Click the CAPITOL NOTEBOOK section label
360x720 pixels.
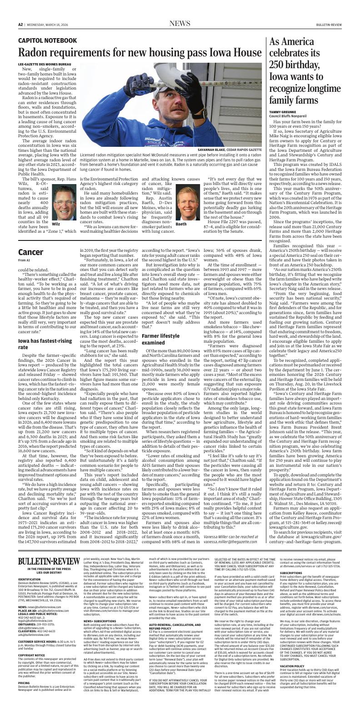pos(48,40)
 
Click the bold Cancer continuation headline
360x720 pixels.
pos(31,252)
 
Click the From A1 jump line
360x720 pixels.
pos(24,260)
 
